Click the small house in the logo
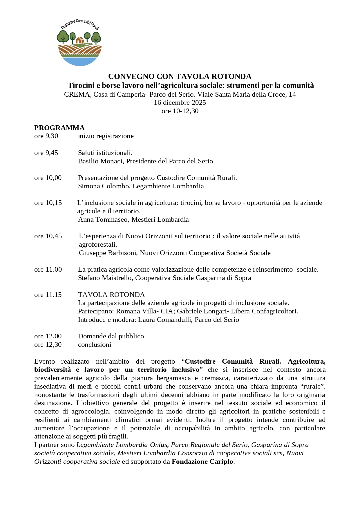coord(79,40)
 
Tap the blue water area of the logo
coord(80,61)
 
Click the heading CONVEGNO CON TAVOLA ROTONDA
coord(180,77)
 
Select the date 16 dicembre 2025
coord(180,102)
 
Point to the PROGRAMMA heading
coord(59,128)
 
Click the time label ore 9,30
coord(46,136)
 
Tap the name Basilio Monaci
coord(100,161)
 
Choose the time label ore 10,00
coord(48,178)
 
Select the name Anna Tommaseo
coord(103,219)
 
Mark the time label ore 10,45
coord(48,236)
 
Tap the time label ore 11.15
coord(48,295)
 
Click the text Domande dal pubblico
coord(111,336)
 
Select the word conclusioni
coord(95,344)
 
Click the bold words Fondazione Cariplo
coord(202,461)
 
